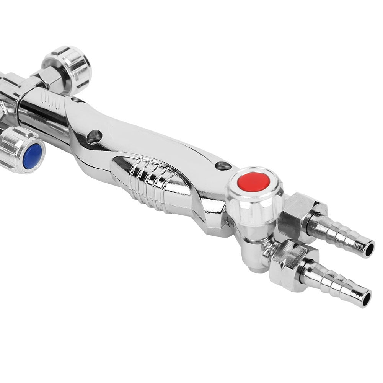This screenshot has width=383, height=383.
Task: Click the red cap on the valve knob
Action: tap(253, 181)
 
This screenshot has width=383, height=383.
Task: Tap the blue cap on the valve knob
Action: tap(32, 156)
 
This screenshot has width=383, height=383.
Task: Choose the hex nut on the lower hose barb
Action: tap(289, 264)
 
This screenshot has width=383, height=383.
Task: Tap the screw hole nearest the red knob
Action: tap(223, 166)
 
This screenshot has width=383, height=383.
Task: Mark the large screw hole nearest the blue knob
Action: tap(94, 137)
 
